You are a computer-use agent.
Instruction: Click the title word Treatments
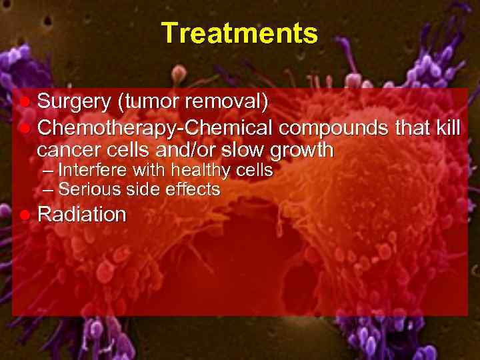click(x=239, y=33)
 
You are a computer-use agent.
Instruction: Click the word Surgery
click(x=74, y=103)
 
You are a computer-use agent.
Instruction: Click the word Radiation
click(x=82, y=215)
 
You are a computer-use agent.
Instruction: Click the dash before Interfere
click(x=47, y=171)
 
